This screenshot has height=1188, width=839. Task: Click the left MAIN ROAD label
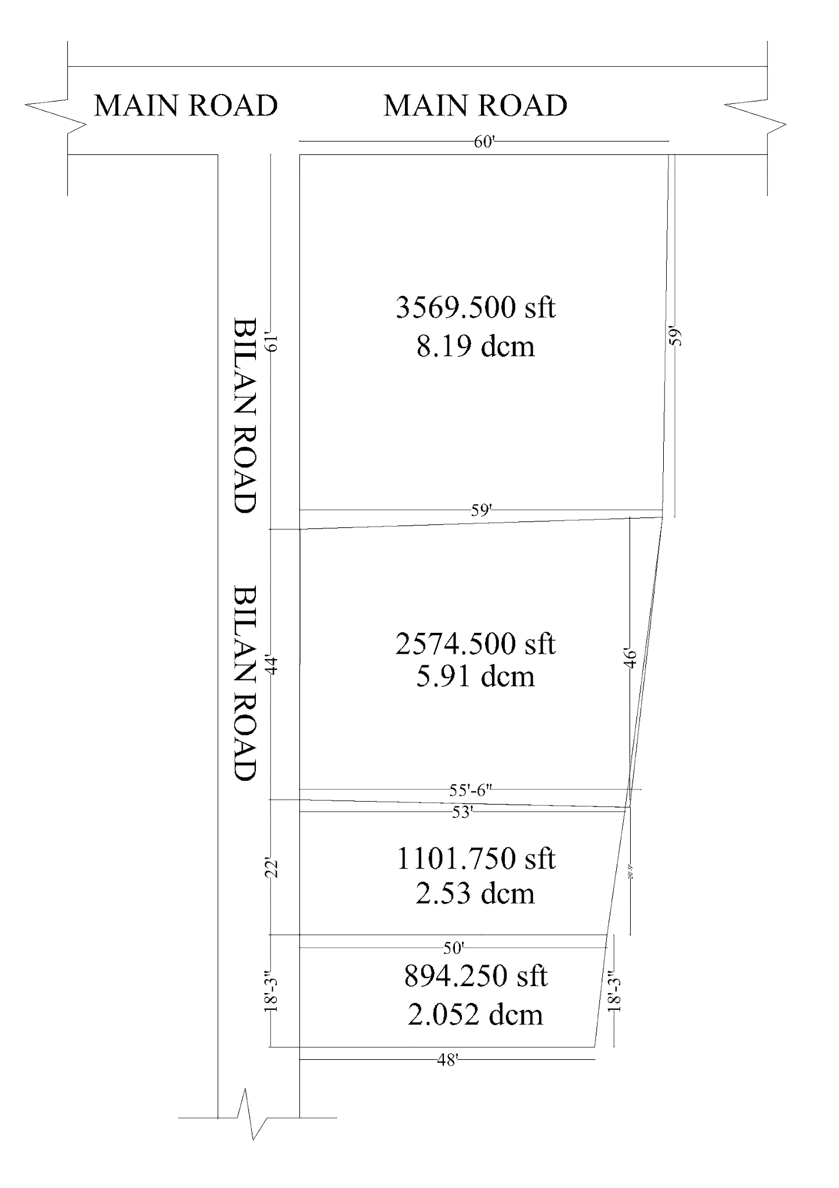[x=186, y=106]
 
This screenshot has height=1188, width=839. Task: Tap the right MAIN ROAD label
[x=475, y=106]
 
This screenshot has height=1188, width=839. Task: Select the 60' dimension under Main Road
[x=483, y=142]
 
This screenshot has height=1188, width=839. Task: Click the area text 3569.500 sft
[x=475, y=307]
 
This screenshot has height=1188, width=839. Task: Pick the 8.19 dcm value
[x=475, y=346]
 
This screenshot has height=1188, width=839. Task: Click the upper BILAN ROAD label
[x=244, y=415]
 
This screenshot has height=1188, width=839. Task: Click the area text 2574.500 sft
[x=475, y=644]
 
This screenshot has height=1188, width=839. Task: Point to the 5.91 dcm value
[x=475, y=676]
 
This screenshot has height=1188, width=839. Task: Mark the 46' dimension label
[x=631, y=659]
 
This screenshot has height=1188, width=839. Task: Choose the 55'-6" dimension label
[x=471, y=789]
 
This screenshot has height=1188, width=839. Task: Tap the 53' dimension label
[x=462, y=813]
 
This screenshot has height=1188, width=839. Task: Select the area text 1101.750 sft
[x=475, y=859]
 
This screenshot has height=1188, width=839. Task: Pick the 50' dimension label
[x=454, y=948]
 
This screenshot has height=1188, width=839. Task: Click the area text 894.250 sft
[x=475, y=976]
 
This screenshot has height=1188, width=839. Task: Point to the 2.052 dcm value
[x=475, y=1015]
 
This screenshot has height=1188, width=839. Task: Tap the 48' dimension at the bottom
[x=447, y=1060]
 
